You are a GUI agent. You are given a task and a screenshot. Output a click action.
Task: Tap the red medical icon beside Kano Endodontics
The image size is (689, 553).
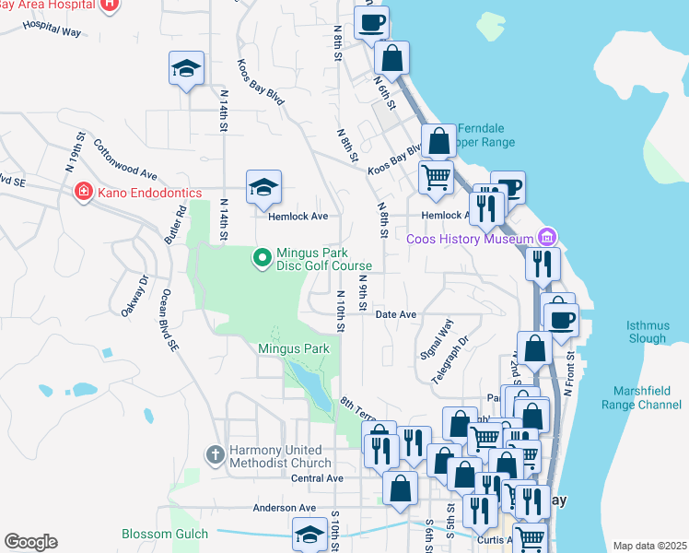tap(83, 192)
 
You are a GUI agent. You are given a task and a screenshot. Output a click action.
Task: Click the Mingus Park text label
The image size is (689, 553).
tap(293, 349)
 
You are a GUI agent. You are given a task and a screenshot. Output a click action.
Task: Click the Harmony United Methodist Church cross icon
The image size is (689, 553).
tap(215, 454)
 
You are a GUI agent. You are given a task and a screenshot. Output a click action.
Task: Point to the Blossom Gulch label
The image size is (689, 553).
tap(165, 534)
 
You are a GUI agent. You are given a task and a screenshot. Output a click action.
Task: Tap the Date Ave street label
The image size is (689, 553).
tap(397, 314)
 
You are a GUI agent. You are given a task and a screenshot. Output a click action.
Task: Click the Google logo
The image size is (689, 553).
tap(30, 542)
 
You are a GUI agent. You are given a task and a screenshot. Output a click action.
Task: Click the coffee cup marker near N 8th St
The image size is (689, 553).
tap(372, 23)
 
